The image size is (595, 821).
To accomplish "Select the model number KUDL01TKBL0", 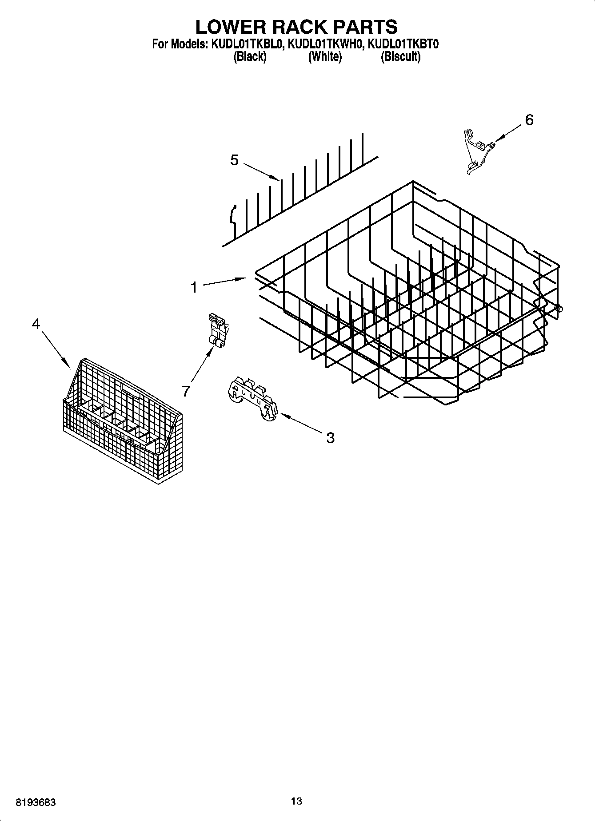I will pos(247,44).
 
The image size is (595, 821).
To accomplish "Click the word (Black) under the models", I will pos(250,57).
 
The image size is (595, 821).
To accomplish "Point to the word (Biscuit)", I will pos(400,57).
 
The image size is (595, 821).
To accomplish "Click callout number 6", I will pos(529,120).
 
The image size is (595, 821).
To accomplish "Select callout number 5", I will pos(234,160).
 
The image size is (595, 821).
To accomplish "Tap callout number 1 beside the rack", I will pos(194,288).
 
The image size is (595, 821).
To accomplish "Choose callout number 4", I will pos(36,324).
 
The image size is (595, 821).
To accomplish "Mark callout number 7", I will pos(186,391).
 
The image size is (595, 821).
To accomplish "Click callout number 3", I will pos(330,438).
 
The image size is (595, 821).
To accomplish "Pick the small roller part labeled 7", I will pos(217,329).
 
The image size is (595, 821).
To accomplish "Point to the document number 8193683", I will pos(36,803).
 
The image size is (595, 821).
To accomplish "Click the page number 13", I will pos(296,801).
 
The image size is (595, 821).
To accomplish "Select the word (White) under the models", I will pos(325,57).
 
